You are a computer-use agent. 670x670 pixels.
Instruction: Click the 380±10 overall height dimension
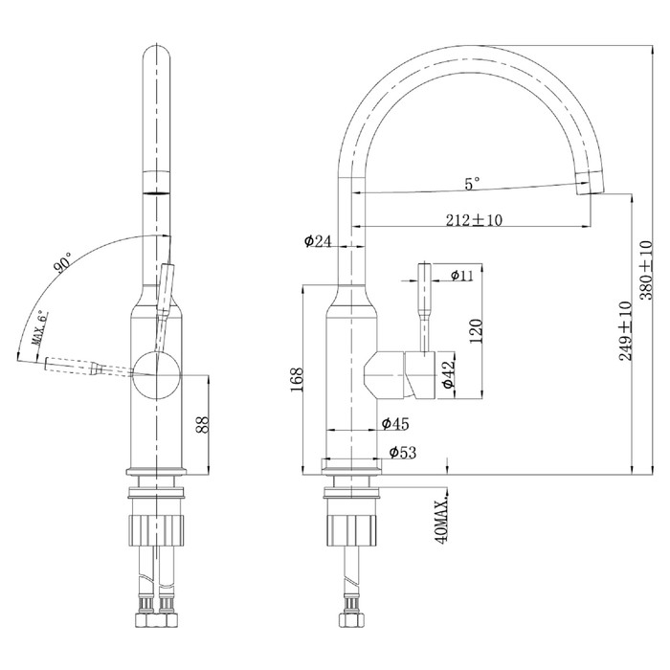coord(647,271)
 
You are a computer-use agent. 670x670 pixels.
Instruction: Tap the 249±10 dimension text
coord(626,331)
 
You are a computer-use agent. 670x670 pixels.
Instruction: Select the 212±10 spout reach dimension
coord(475,220)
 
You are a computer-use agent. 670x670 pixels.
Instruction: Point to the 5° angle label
coord(472,184)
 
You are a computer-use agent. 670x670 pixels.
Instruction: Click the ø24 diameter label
coord(318,241)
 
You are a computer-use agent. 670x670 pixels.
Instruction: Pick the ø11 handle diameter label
coord(462,276)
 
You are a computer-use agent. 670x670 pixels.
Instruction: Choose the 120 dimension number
coord(476,331)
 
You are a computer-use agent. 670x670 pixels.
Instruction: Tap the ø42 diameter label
coord(449,374)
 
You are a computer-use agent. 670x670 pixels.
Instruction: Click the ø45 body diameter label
coord(395,423)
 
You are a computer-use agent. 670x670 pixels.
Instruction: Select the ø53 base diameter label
coord(403,452)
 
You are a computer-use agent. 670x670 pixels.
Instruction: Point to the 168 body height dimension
coord(296,380)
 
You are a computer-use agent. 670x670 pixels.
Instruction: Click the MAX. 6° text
coord(39,328)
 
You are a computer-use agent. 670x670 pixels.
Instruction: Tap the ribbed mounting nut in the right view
coord(351,530)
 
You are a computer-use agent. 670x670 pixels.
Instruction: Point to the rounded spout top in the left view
coord(157,54)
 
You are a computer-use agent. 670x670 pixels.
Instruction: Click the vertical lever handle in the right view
coord(425,308)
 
